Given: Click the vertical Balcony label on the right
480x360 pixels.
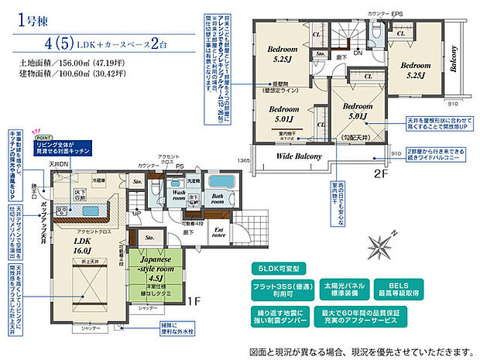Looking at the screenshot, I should point(454,58).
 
